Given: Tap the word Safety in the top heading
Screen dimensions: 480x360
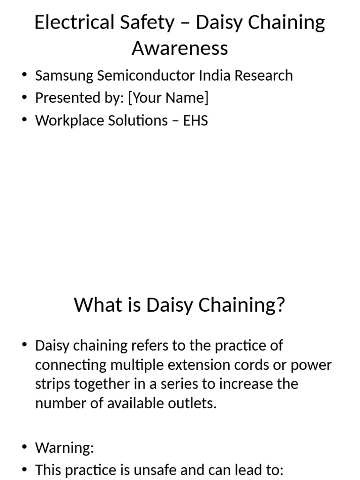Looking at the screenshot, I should point(144,22).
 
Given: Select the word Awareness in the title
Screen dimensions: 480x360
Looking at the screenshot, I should point(180,48).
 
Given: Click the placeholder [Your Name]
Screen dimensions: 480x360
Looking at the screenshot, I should point(168,98).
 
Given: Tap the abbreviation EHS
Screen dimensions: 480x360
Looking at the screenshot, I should point(195,120).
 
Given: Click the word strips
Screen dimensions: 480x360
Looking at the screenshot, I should point(52,384).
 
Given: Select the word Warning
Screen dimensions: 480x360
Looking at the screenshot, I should point(64,448).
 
